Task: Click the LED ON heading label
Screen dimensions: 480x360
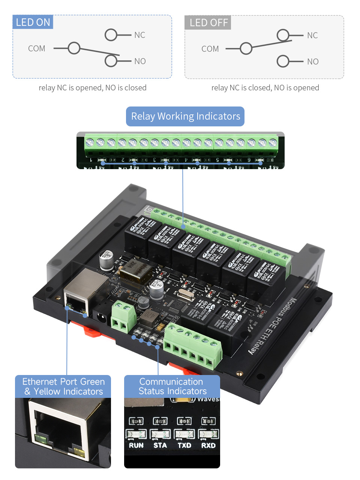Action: [x=33, y=22]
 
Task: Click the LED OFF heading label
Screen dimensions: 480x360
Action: [x=208, y=23]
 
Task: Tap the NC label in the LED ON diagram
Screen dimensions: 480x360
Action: [x=139, y=35]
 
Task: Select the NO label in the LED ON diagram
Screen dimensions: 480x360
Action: [x=140, y=61]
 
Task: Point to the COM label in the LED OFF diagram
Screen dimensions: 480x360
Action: [x=210, y=49]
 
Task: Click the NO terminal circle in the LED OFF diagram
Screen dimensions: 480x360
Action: [x=283, y=61]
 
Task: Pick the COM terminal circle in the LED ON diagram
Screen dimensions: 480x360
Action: [x=74, y=48]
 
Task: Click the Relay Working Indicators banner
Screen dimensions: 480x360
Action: [x=185, y=116]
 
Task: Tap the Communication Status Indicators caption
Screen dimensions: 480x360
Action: [x=172, y=386]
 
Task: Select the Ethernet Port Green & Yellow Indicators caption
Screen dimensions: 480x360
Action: [x=63, y=387]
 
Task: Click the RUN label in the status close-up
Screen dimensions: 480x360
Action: [x=136, y=445]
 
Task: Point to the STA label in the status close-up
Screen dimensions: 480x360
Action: [x=160, y=445]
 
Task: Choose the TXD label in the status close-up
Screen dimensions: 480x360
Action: [x=184, y=445]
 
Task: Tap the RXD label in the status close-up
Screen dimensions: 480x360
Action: [x=208, y=445]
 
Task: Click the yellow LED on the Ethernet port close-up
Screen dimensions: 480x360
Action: [x=79, y=452]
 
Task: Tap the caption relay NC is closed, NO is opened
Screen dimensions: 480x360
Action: [x=265, y=88]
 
